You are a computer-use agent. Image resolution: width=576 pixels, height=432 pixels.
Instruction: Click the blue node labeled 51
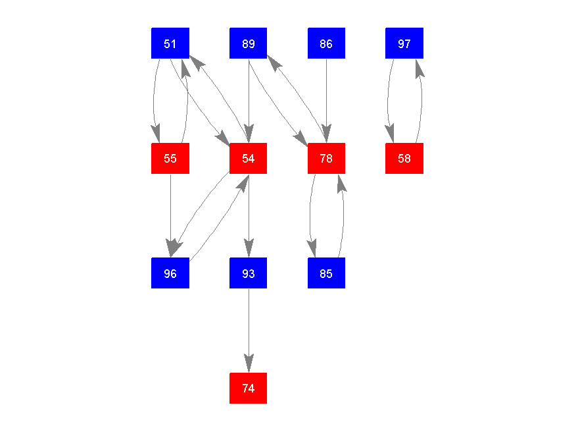pyautogui.click(x=170, y=43)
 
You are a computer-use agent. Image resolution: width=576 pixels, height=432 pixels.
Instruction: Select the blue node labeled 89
pyautogui.click(x=248, y=43)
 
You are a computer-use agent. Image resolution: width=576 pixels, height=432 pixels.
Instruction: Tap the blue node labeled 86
pyautogui.click(x=326, y=43)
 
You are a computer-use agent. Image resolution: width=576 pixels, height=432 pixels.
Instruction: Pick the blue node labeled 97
pyautogui.click(x=404, y=43)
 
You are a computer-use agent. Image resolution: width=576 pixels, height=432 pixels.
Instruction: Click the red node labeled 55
pyautogui.click(x=170, y=159)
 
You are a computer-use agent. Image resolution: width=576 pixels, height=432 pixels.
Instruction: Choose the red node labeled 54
pyautogui.click(x=248, y=159)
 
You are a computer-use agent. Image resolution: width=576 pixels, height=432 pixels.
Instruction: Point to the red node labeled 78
pyautogui.click(x=326, y=159)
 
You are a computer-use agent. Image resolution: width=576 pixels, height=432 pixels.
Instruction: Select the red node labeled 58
pyautogui.click(x=404, y=159)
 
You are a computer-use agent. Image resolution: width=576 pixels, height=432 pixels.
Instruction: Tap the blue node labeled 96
pyautogui.click(x=170, y=273)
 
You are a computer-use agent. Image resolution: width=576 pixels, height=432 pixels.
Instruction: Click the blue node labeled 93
pyautogui.click(x=248, y=273)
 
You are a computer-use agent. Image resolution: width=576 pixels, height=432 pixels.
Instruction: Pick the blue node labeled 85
pyautogui.click(x=326, y=273)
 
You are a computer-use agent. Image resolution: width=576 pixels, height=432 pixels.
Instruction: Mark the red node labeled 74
pyautogui.click(x=248, y=389)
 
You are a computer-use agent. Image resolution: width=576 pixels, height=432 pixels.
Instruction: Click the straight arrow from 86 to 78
pyautogui.click(x=326, y=99)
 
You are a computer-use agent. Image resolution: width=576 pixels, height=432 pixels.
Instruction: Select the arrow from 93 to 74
pyautogui.click(x=248, y=329)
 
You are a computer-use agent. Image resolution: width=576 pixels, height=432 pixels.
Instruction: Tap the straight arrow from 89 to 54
pyautogui.click(x=248, y=99)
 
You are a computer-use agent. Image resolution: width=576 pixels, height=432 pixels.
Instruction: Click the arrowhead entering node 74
pyautogui.click(x=248, y=365)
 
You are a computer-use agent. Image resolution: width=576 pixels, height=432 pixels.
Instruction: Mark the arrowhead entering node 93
pyautogui.click(x=248, y=250)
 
